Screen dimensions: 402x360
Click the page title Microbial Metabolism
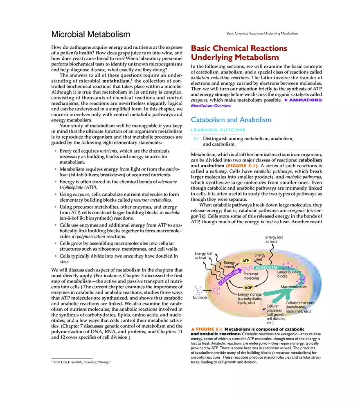point(90,34)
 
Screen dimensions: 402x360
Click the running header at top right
point(262,33)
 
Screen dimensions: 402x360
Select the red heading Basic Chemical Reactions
point(239,48)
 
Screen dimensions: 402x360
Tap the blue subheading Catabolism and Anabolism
point(231,120)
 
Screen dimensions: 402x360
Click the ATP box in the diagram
point(245,261)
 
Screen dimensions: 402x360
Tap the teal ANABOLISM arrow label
point(266,268)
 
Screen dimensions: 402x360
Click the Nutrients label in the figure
point(200,298)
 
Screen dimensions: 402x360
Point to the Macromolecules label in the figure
point(293,287)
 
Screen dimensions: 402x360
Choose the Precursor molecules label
point(251,276)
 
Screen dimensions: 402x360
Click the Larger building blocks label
point(289,274)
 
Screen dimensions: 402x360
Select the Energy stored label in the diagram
point(229,265)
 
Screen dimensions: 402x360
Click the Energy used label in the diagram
point(260,257)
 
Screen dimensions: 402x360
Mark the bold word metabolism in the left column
point(117,81)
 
